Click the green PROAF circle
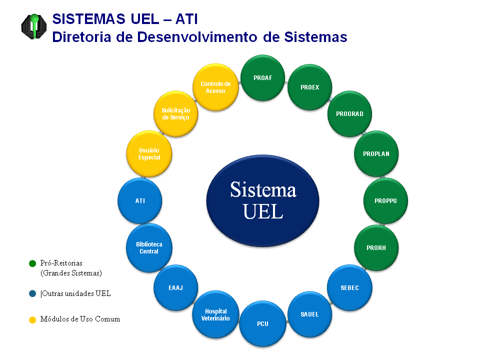[262, 77]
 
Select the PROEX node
[309, 87]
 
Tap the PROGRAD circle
[349, 113]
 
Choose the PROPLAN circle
[376, 153]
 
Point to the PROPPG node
[385, 201]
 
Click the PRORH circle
[376, 248]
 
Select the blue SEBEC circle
[349, 288]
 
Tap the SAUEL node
[309, 314]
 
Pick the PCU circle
[262, 324]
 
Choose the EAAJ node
[175, 288]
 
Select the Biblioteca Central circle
[149, 248]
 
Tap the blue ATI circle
[140, 201]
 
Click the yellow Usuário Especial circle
[149, 153]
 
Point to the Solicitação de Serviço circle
[175, 113]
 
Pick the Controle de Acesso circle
[215, 87]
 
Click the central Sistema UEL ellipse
[262, 200]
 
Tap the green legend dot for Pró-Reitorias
[32, 263]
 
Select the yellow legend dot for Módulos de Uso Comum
[32, 319]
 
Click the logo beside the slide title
[34, 26]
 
